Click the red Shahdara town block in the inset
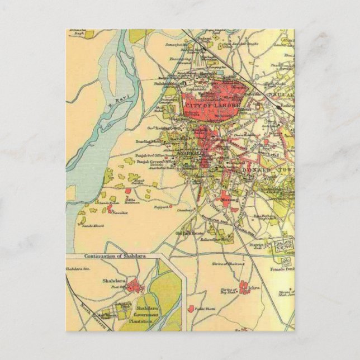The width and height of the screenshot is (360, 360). pyautogui.click(x=133, y=287)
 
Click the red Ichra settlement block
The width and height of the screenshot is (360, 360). pyautogui.click(x=244, y=288)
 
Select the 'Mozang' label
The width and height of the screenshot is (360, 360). pyautogui.click(x=230, y=198)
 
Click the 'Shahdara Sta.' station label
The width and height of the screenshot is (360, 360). pyautogui.click(x=78, y=269)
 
